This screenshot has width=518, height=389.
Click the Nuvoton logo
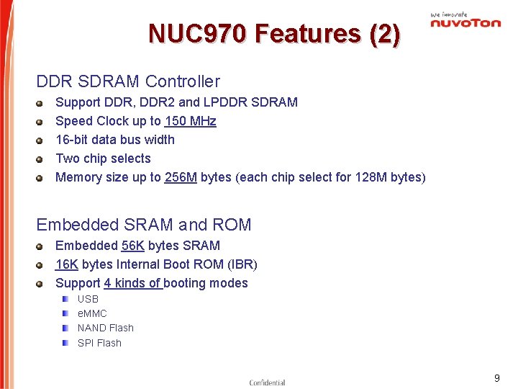coord(465,21)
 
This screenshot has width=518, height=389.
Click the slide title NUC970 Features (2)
coord(274,34)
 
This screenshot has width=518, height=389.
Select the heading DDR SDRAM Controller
coord(128,82)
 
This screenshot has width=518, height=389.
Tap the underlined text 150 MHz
coord(190,121)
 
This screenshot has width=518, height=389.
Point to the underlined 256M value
coord(181,177)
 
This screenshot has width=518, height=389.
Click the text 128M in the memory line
coord(371,177)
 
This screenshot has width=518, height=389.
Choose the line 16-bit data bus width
coord(115,140)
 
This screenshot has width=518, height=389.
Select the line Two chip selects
coord(103,158)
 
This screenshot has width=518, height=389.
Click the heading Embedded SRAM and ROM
coord(144,225)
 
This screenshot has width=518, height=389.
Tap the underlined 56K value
coord(133,246)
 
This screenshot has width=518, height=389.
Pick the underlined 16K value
coord(67,264)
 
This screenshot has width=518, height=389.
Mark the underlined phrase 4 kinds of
coord(133,283)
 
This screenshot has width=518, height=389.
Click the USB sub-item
coord(88,299)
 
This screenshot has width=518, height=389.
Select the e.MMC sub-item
coord(92,313)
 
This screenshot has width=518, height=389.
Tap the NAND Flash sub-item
coord(106,328)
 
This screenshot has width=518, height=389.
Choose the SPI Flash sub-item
coord(99,343)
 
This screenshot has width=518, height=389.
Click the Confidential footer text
coord(267,383)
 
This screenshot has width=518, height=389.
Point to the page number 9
coord(496,378)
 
